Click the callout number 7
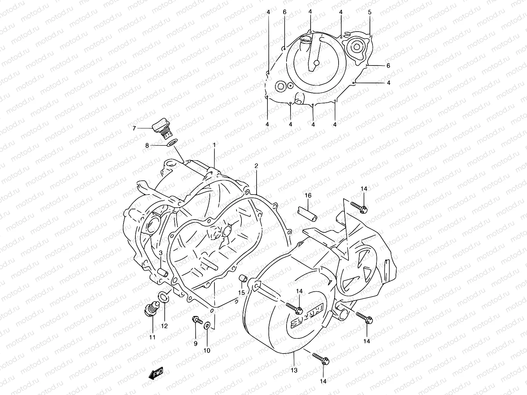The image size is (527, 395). tap(134, 128)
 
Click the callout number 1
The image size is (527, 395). tap(214, 145)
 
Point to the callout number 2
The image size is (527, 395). tap(256, 166)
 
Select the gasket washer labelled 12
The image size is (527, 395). tap(165, 297)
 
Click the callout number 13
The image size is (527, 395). tap(294, 370)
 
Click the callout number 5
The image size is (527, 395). tap(370, 12)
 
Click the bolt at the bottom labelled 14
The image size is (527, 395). tap(320, 359)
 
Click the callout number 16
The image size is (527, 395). tap(308, 196)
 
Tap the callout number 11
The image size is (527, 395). tap(152, 337)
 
